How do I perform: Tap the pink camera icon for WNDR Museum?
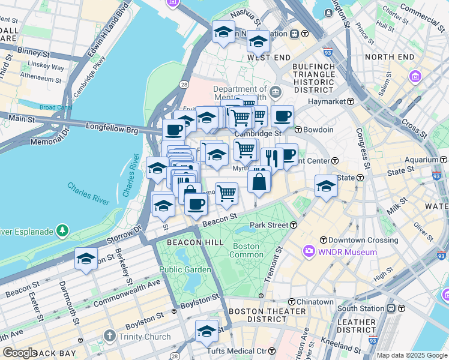[x=309, y=251]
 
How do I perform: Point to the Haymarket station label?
[x=324, y=101]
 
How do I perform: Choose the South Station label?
[x=361, y=308]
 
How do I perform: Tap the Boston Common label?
[x=246, y=250]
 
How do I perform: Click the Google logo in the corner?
[x=20, y=353]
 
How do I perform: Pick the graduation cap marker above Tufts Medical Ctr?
[x=206, y=331]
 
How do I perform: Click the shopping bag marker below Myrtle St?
[x=259, y=181]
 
